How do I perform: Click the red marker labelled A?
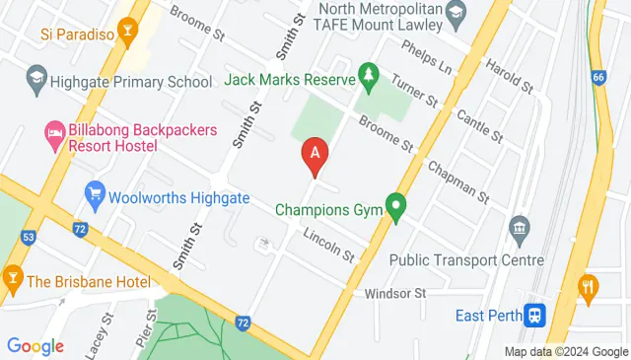point(315,155)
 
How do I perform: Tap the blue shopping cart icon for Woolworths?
point(95,191)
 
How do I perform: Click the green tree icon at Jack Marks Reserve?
point(368,74)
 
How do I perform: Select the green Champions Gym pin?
point(396,208)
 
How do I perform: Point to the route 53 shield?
point(29,237)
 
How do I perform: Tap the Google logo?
point(35,345)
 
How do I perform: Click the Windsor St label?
point(394,293)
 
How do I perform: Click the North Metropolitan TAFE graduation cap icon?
point(455,13)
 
